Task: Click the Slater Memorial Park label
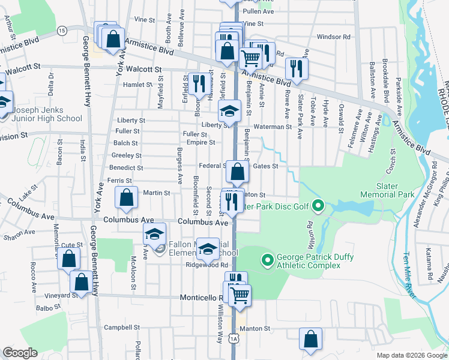(x=387, y=191)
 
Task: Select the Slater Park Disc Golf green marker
(x=319, y=208)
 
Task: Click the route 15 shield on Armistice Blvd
(x=61, y=30)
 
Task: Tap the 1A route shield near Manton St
(x=234, y=339)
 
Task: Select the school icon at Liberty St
(x=228, y=110)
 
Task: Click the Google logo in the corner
(x=20, y=353)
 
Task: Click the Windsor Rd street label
(x=334, y=37)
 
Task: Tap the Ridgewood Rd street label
(x=207, y=265)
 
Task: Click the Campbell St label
(x=122, y=328)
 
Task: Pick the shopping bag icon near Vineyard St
(x=80, y=281)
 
